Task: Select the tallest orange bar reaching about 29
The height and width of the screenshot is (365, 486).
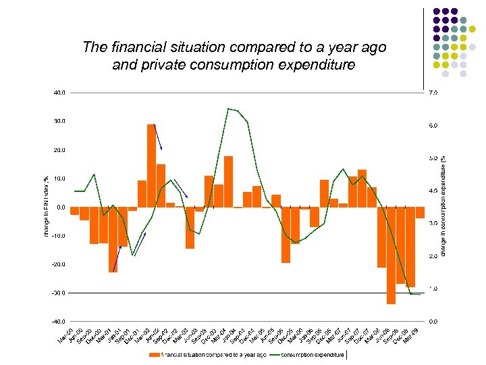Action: click(x=151, y=166)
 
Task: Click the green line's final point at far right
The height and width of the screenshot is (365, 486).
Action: click(x=420, y=295)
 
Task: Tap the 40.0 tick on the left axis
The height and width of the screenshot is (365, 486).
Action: click(x=60, y=93)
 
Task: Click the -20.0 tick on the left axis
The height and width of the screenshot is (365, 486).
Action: click(x=59, y=264)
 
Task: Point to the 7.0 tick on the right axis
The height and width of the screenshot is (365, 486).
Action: click(x=433, y=93)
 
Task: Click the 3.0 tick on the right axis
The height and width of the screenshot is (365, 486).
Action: click(x=433, y=223)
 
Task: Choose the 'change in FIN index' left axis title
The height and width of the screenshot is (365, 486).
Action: click(x=45, y=206)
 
